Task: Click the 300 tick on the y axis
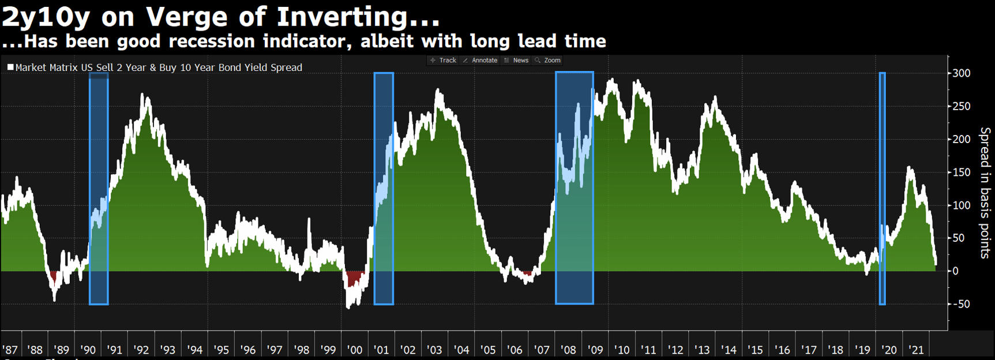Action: click(962, 73)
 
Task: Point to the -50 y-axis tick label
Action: click(962, 304)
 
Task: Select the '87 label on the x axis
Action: click(10, 350)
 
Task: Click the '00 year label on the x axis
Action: click(355, 350)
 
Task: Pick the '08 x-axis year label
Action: click(568, 350)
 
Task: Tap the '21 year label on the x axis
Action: click(915, 350)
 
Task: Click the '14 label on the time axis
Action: click(729, 350)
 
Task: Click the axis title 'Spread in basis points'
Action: click(985, 193)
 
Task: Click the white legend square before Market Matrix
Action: click(10, 67)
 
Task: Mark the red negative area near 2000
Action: click(354, 278)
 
